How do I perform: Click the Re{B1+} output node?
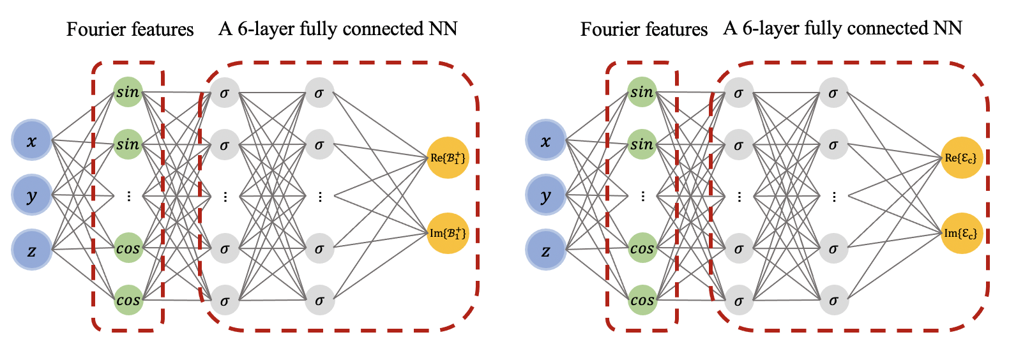(x=448, y=158)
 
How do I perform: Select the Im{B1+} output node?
(x=448, y=233)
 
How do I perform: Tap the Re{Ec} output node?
(x=960, y=158)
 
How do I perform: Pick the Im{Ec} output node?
(x=960, y=233)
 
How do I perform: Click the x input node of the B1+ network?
(x=32, y=140)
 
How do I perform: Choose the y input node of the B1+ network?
(x=32, y=195)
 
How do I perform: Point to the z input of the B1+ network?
(x=32, y=249)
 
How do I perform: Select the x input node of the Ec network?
(x=545, y=140)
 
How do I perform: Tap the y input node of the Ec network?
(x=545, y=195)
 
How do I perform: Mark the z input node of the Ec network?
(x=545, y=249)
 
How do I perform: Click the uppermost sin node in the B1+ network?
(x=128, y=92)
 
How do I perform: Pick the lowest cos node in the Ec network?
(x=642, y=300)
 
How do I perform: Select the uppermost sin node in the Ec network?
(x=642, y=92)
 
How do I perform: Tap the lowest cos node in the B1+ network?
(x=128, y=300)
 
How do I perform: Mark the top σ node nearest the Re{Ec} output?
(x=833, y=93)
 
